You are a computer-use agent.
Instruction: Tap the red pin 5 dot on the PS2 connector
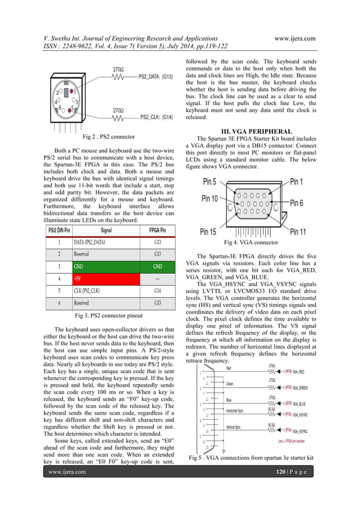point(69,109)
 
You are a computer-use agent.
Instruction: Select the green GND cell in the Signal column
point(106,266)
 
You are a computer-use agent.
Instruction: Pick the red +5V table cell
point(106,279)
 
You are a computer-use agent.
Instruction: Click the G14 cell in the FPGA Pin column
point(157,291)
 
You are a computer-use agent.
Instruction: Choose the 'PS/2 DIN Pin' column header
point(59,230)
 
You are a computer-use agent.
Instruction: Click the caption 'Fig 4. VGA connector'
point(251,243)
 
